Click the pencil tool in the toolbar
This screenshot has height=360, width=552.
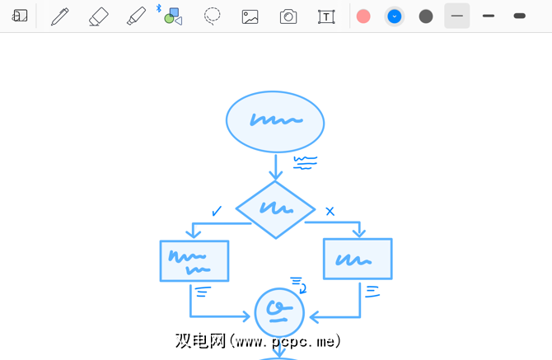pos(59,16)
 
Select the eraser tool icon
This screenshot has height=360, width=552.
pos(98,16)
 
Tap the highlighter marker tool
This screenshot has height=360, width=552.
pos(136,16)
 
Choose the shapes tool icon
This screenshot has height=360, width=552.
pos(172,16)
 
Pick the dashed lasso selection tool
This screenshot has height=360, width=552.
pos(213,16)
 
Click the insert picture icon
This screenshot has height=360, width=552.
pos(250,16)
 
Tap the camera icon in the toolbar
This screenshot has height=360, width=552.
pos(288,16)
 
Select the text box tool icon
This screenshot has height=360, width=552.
pos(326,16)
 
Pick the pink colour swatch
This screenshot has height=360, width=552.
pos(363,16)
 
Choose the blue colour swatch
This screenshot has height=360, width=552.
pos(395,16)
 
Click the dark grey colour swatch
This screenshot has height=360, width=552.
pos(426,16)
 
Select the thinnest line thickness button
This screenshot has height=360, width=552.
pos(457,16)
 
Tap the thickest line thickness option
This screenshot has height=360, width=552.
pos(519,16)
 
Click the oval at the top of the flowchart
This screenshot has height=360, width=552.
pos(275,121)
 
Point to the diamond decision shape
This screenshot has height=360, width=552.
pos(275,209)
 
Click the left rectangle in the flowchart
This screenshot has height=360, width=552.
pos(194,261)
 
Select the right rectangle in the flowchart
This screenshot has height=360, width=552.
pos(358,259)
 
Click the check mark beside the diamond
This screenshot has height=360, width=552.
pos(217,211)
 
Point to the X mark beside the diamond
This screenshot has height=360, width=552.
pos(330,212)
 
